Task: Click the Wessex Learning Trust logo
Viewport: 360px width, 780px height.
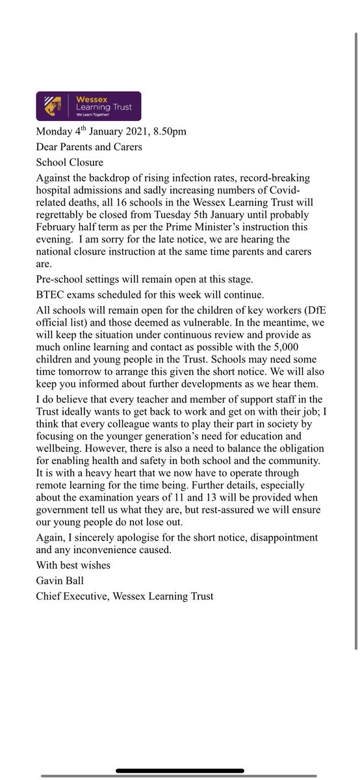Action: (88, 107)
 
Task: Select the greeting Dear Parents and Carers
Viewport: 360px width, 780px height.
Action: (89, 147)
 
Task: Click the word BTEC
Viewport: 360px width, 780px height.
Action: (51, 296)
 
